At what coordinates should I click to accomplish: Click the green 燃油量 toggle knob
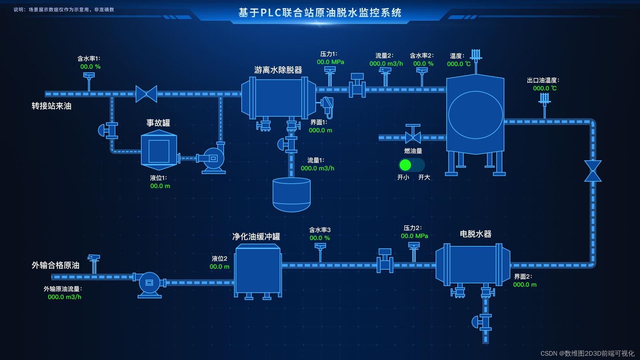coord(405,165)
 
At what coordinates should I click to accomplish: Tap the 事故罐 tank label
coord(158,123)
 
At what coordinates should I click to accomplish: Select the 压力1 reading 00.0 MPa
coord(330,62)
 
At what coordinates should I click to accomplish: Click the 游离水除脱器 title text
coord(278,70)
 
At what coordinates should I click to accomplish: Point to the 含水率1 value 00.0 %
coord(90,67)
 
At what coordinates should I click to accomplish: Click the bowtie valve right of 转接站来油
coord(146,94)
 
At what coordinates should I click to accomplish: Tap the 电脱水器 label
coord(476,234)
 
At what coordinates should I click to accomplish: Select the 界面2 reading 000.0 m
coord(525,285)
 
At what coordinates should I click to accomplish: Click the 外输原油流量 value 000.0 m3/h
coord(64,297)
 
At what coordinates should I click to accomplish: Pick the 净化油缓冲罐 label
coord(256,237)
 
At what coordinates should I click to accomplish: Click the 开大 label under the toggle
coord(424,177)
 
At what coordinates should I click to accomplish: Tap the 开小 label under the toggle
coord(403,177)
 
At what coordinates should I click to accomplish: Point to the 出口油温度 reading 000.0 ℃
coord(545,88)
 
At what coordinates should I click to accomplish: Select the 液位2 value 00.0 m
coord(219,267)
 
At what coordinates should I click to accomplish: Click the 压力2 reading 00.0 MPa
coord(414,236)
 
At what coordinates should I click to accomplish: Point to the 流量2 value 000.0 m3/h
coord(386,64)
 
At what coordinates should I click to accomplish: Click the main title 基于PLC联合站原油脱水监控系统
coord(320,13)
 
